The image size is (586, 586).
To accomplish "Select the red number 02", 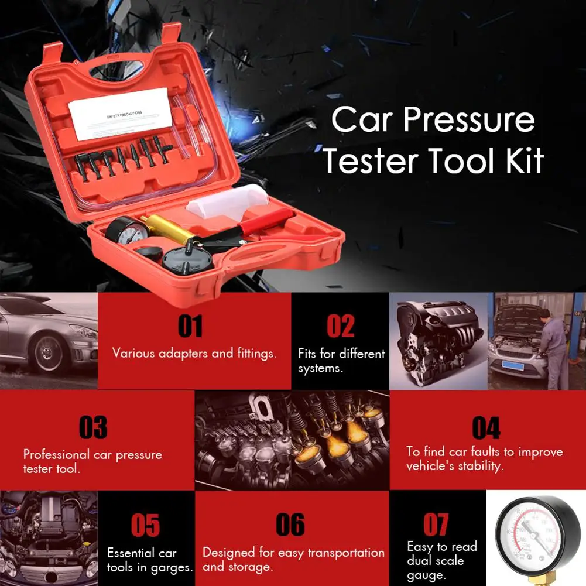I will (340, 326).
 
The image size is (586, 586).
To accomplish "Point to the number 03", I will (93, 427).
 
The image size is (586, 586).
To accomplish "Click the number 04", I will (486, 428).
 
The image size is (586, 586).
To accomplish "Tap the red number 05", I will (145, 525).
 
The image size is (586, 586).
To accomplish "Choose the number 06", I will (290, 525).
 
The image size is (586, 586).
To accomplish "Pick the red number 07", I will (436, 525).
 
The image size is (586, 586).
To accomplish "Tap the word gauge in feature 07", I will (426, 575).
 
